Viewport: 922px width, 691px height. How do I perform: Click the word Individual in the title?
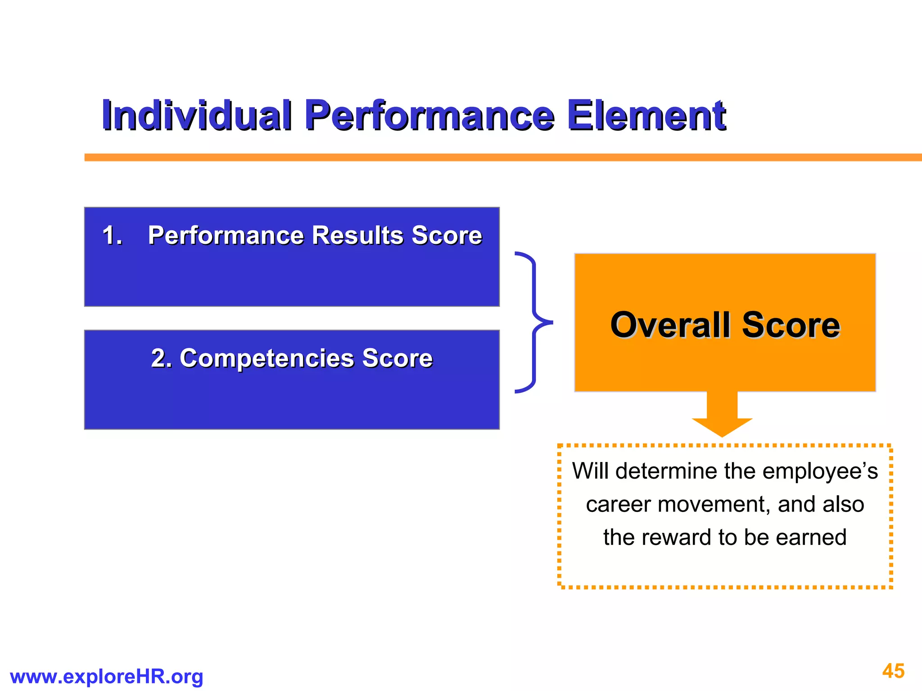(x=197, y=116)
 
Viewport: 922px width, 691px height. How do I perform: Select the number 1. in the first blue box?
(x=112, y=235)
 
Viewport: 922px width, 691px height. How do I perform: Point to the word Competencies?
(x=267, y=359)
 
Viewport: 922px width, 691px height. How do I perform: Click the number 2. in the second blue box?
(x=161, y=359)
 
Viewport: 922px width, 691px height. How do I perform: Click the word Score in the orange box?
(x=791, y=325)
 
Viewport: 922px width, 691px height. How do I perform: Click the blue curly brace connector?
(x=534, y=323)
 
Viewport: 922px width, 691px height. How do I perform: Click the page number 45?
(x=893, y=671)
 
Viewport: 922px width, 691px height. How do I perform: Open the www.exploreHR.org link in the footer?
(x=106, y=677)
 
